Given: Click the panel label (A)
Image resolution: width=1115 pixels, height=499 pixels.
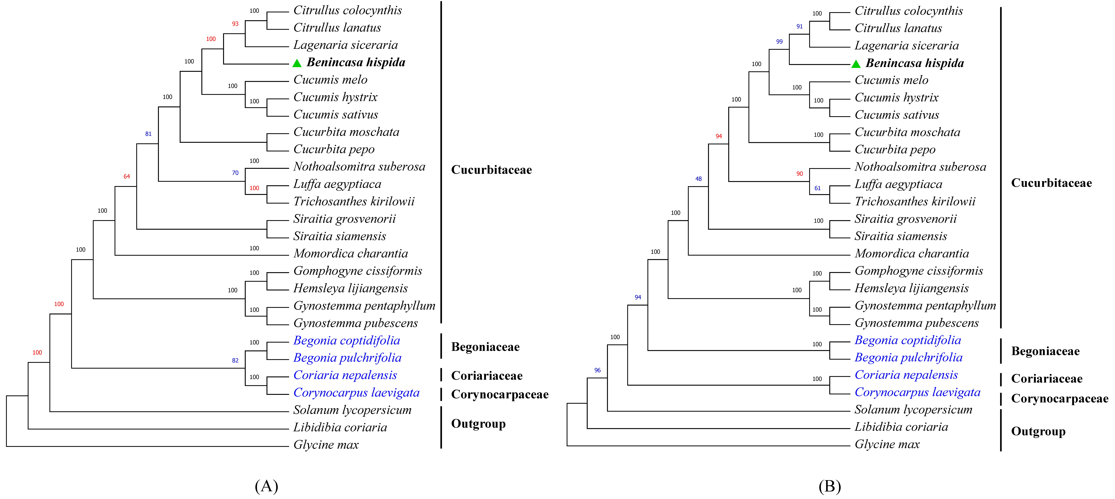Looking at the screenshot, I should [x=266, y=486].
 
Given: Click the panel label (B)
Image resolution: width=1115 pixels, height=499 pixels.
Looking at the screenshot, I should [x=829, y=486].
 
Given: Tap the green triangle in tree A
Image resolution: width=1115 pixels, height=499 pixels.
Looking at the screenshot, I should [x=297, y=63].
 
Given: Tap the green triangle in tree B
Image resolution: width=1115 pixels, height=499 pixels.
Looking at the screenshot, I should [x=856, y=64].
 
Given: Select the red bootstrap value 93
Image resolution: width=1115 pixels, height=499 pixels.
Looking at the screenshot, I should [x=235, y=24].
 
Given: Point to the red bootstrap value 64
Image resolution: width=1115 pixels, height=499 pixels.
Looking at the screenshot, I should [x=126, y=177].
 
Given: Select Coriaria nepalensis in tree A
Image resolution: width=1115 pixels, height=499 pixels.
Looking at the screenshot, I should [x=345, y=375].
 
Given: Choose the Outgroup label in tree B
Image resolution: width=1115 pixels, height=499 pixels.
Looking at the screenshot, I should [x=1038, y=432].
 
